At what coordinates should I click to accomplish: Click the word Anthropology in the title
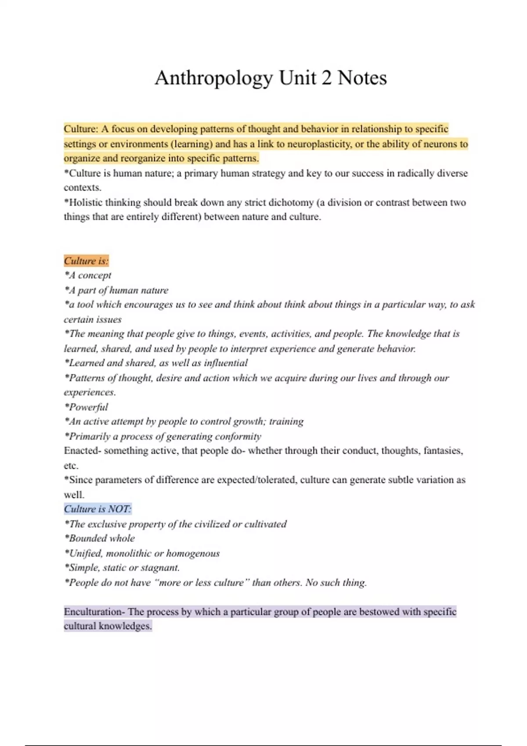pyautogui.click(x=214, y=78)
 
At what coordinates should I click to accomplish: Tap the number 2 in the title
pyautogui.click(x=326, y=78)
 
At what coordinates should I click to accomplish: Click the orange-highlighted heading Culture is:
pyautogui.click(x=86, y=261)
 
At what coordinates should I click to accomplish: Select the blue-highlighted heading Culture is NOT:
pyautogui.click(x=97, y=509)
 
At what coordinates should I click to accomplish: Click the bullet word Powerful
pyautogui.click(x=88, y=407)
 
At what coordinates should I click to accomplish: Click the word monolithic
pyautogui.click(x=128, y=553)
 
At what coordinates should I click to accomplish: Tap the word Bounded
pyautogui.click(x=87, y=538)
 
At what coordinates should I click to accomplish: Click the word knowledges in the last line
pyautogui.click(x=125, y=626)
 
